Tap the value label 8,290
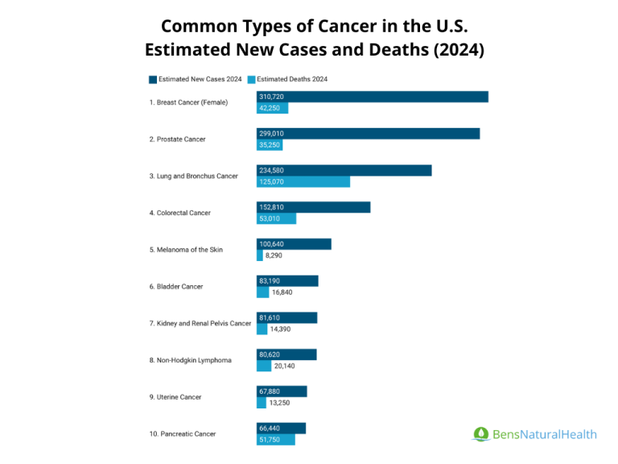tap(274, 255)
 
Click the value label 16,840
tap(282, 292)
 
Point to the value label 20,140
tap(285, 366)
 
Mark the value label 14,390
tap(281, 329)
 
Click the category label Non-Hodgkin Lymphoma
tap(190, 360)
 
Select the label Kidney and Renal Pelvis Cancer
tap(200, 323)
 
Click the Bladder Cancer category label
tap(175, 287)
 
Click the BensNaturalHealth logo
tap(534, 434)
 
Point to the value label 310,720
tap(271, 97)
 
